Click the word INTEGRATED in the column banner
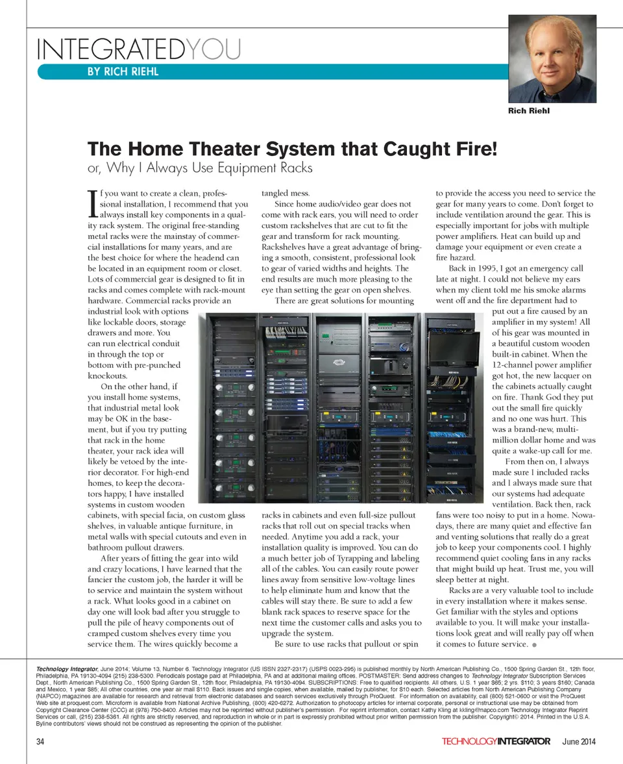pos(111,49)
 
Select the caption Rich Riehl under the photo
pos(530,111)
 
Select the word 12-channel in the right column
pos(518,365)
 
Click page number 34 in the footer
pos(41,741)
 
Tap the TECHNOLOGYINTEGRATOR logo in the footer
pos(496,741)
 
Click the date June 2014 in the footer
pos(579,741)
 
